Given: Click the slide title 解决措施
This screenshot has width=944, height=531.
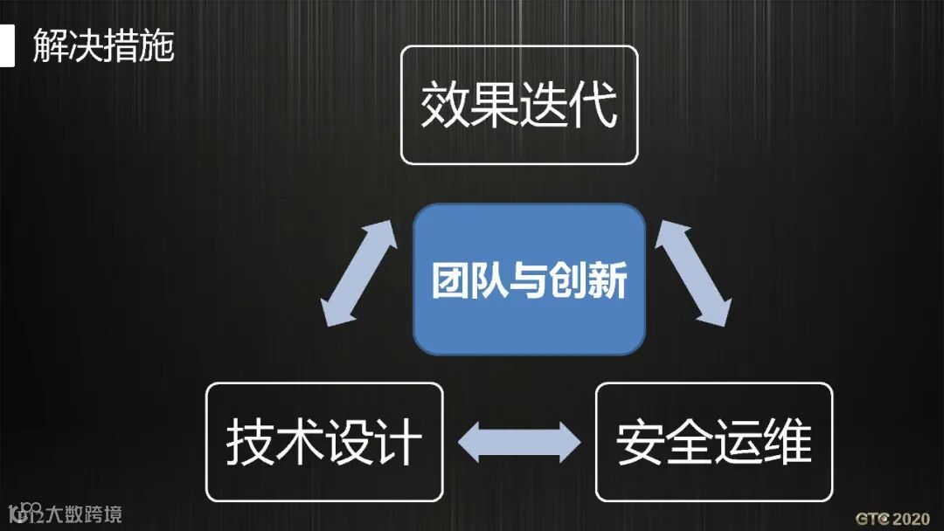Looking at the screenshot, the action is coord(103,45).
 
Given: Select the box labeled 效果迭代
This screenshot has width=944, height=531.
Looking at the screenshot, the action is coord(519,105).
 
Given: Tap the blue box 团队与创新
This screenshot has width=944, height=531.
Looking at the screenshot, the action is coord(529,279).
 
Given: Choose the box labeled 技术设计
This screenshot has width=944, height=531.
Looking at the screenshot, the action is coord(323,442).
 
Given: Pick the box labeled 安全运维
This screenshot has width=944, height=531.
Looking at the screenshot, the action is coord(713,442).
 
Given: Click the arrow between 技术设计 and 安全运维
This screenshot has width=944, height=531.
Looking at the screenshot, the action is coord(519,442).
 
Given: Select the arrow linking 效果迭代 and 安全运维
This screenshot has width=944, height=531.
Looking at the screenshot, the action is coord(692,273).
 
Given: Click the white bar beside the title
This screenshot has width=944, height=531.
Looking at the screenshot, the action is coord(7,45).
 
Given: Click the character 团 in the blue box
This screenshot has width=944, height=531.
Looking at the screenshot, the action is coord(451,281).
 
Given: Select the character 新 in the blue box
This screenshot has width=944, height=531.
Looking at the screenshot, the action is coord(608,281).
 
